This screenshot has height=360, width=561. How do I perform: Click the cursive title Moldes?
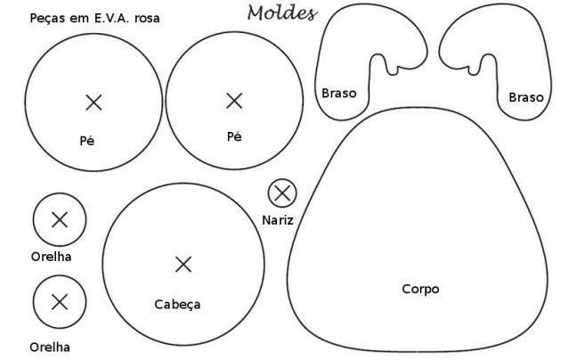(282, 12)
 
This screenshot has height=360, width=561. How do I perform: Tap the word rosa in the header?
(147, 19)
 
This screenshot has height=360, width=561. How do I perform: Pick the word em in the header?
(79, 19)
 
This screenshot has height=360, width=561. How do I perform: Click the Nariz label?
(278, 220)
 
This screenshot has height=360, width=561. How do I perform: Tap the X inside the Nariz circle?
(282, 193)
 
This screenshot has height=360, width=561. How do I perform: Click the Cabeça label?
(177, 305)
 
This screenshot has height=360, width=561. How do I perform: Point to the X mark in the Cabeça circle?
(183, 265)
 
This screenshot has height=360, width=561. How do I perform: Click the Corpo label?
(420, 289)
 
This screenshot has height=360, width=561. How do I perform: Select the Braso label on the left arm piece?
(338, 93)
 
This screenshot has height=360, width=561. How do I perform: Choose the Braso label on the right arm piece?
(526, 97)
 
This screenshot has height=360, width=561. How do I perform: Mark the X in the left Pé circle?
(94, 102)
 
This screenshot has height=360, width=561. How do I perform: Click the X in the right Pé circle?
(234, 101)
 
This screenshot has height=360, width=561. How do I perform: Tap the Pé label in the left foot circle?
(87, 141)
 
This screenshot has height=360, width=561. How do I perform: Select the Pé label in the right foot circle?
(234, 136)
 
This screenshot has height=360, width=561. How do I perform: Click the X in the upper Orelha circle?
(60, 220)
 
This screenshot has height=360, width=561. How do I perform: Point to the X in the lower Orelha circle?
(60, 302)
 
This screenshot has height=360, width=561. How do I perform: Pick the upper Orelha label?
(51, 257)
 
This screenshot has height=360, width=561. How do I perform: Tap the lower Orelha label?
(50, 348)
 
